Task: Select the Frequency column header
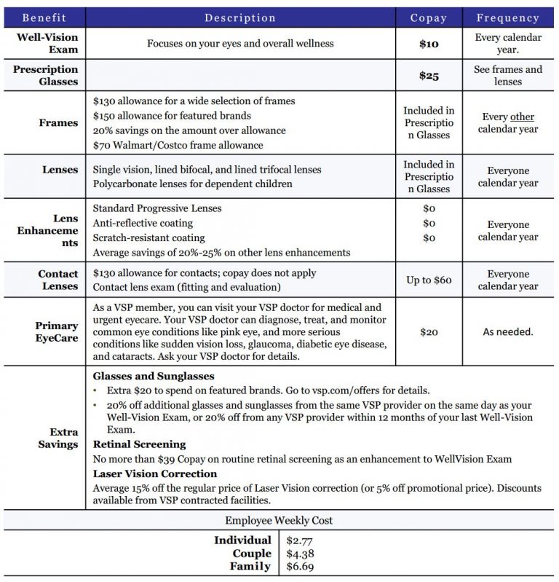[x=507, y=18]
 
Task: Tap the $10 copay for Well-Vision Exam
[x=429, y=44]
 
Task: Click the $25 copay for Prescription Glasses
[x=429, y=76]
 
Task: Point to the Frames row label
[x=58, y=123]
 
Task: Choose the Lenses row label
[x=60, y=170]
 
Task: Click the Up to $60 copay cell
[x=429, y=280]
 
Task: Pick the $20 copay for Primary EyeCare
[x=429, y=331]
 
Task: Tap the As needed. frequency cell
[x=507, y=331]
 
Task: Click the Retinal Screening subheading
[x=139, y=444]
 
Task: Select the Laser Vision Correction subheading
[x=155, y=473]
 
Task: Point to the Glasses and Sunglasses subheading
[x=154, y=377]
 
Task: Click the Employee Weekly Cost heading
[x=279, y=521]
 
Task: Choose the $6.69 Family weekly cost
[x=300, y=567]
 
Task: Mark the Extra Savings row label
[x=58, y=438]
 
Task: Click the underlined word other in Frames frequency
[x=522, y=117]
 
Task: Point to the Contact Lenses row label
[x=58, y=280]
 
